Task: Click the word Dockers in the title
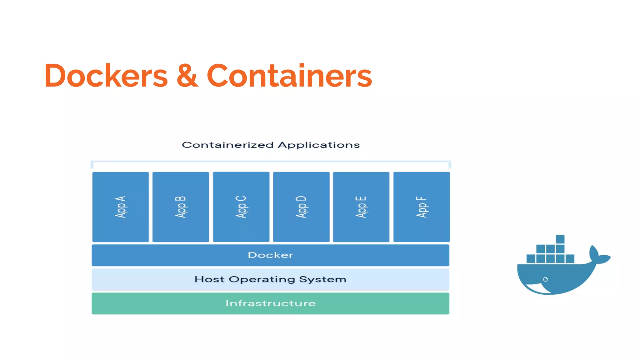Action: point(106,76)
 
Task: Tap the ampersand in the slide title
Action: point(187,76)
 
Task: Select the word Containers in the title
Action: point(289,76)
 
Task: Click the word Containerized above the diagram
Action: point(227,145)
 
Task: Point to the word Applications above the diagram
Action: point(318,145)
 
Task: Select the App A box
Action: point(121,207)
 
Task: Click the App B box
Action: point(181,207)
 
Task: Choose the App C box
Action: point(241,207)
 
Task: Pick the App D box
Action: point(301,207)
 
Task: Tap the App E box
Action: point(361,207)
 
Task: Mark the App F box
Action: point(422,207)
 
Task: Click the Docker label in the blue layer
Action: point(271,255)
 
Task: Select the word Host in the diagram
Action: point(209,279)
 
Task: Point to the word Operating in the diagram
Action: point(262,279)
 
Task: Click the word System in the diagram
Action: point(322,279)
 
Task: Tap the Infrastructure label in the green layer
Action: point(271,303)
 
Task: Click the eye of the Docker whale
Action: point(545,279)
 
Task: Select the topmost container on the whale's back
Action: point(560,239)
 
